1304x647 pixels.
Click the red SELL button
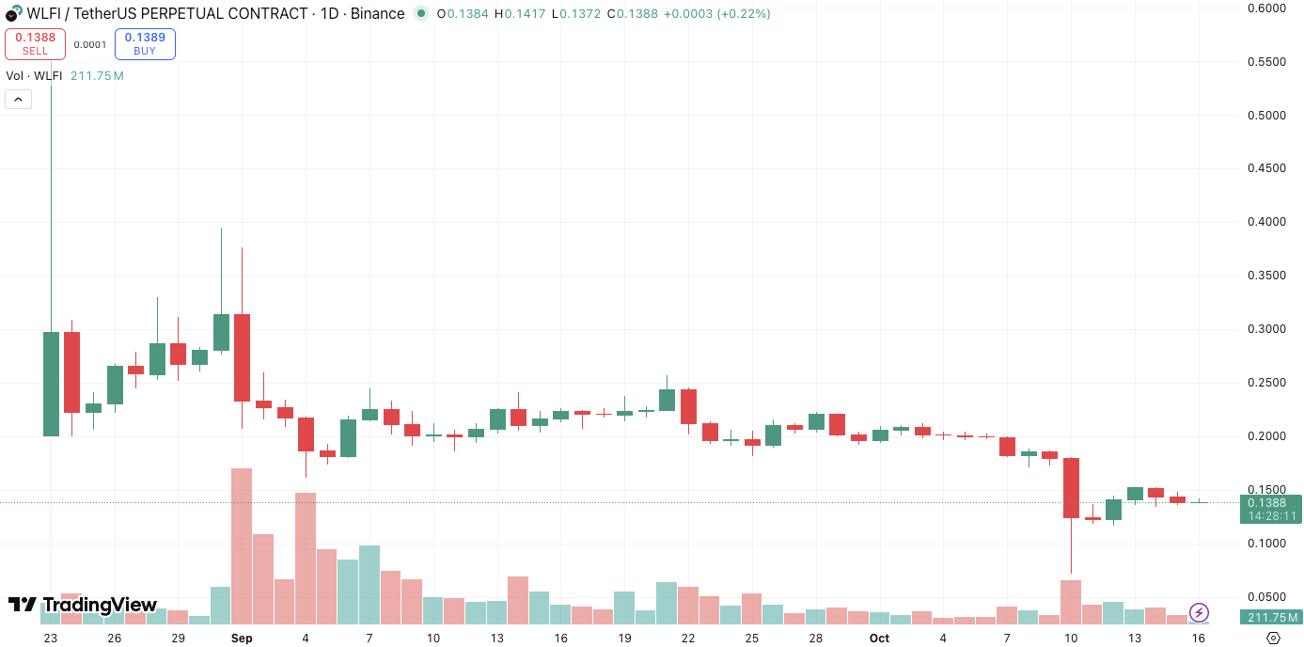(35, 43)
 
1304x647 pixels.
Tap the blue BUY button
(145, 43)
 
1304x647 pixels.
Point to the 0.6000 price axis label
(1265, 8)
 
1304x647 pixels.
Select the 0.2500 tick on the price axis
(1265, 383)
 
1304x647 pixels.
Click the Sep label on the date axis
(242, 638)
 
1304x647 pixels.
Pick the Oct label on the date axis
(879, 638)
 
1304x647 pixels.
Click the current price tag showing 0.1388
(1273, 503)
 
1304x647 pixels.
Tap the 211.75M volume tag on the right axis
(1273, 617)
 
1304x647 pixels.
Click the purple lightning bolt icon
(1199, 612)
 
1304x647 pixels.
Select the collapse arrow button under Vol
(18, 99)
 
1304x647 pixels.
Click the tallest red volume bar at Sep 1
(242, 545)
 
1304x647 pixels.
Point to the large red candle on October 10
(1071, 487)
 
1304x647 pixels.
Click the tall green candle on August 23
(51, 383)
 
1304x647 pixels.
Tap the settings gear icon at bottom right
(1273, 638)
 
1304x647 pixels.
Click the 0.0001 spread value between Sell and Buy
(90, 44)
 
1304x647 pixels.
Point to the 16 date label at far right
(1199, 638)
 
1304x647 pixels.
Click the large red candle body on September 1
(242, 357)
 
